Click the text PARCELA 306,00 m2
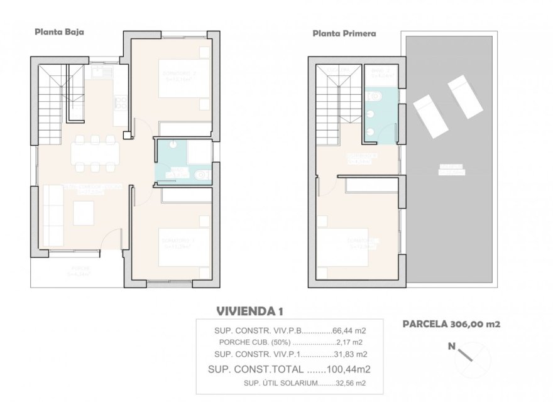(451, 324)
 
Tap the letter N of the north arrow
(451, 345)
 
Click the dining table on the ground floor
(94, 153)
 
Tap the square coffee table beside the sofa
(84, 212)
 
